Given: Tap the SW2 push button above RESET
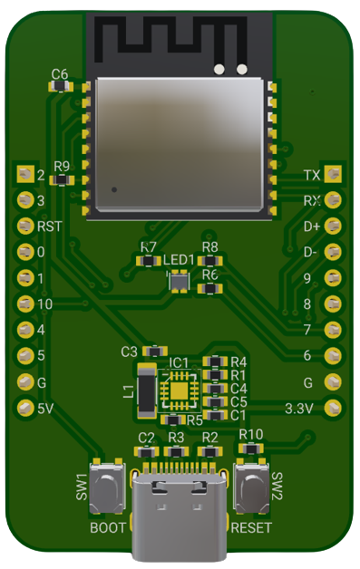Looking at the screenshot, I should [251, 489].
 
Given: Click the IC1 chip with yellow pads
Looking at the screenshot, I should [179, 391].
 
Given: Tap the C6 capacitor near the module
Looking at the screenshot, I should [61, 86].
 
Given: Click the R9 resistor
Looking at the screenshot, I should [62, 179].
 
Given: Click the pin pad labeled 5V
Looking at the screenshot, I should [24, 409].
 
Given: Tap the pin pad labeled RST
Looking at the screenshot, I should [24, 226].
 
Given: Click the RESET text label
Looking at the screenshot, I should [251, 527].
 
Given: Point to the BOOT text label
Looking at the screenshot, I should [108, 527].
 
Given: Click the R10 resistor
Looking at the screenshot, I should [250, 448].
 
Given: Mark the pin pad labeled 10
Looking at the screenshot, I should [24, 304].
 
